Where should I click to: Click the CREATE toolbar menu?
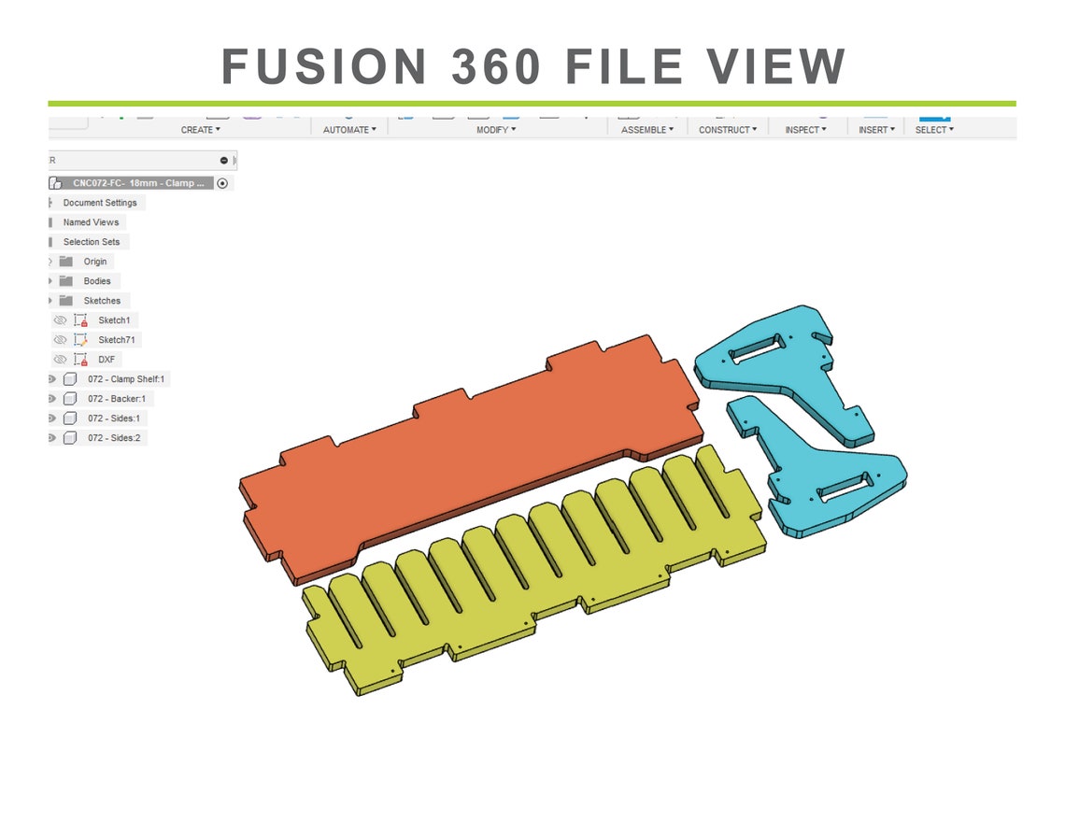[x=200, y=130]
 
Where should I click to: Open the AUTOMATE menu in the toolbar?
[x=349, y=130]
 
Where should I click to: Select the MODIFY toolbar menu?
[x=496, y=130]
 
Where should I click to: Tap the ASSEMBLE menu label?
[x=647, y=130]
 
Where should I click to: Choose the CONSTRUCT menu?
[x=728, y=130]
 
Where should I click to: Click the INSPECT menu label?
[x=805, y=130]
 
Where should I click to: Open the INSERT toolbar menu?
[x=876, y=130]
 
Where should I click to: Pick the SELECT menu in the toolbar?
[x=934, y=130]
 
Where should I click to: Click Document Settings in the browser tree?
[x=100, y=203]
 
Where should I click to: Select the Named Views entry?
[x=91, y=222]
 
